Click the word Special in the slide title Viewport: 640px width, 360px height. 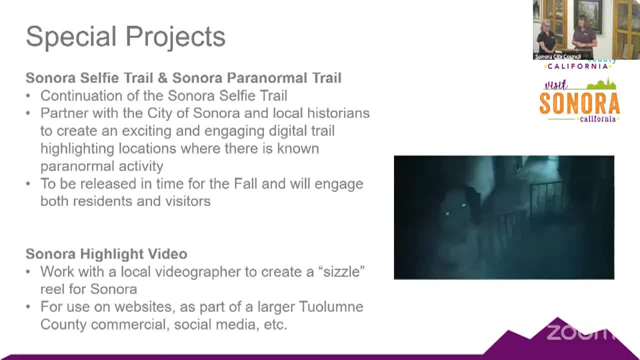click(x=71, y=37)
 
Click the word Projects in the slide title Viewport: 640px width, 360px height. click(x=175, y=37)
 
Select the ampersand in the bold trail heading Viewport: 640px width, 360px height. click(x=162, y=78)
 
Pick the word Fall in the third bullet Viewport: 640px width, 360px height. click(x=245, y=183)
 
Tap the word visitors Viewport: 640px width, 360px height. click(x=188, y=201)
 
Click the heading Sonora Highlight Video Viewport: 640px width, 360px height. click(x=106, y=254)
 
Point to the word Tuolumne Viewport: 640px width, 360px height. click(x=331, y=307)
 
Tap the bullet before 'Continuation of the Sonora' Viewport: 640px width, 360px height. click(x=28, y=96)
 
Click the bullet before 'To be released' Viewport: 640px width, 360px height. click(x=28, y=183)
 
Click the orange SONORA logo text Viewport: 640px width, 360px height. click(x=579, y=103)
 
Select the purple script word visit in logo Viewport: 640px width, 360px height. click(x=556, y=85)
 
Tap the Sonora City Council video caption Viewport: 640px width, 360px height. click(x=557, y=56)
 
